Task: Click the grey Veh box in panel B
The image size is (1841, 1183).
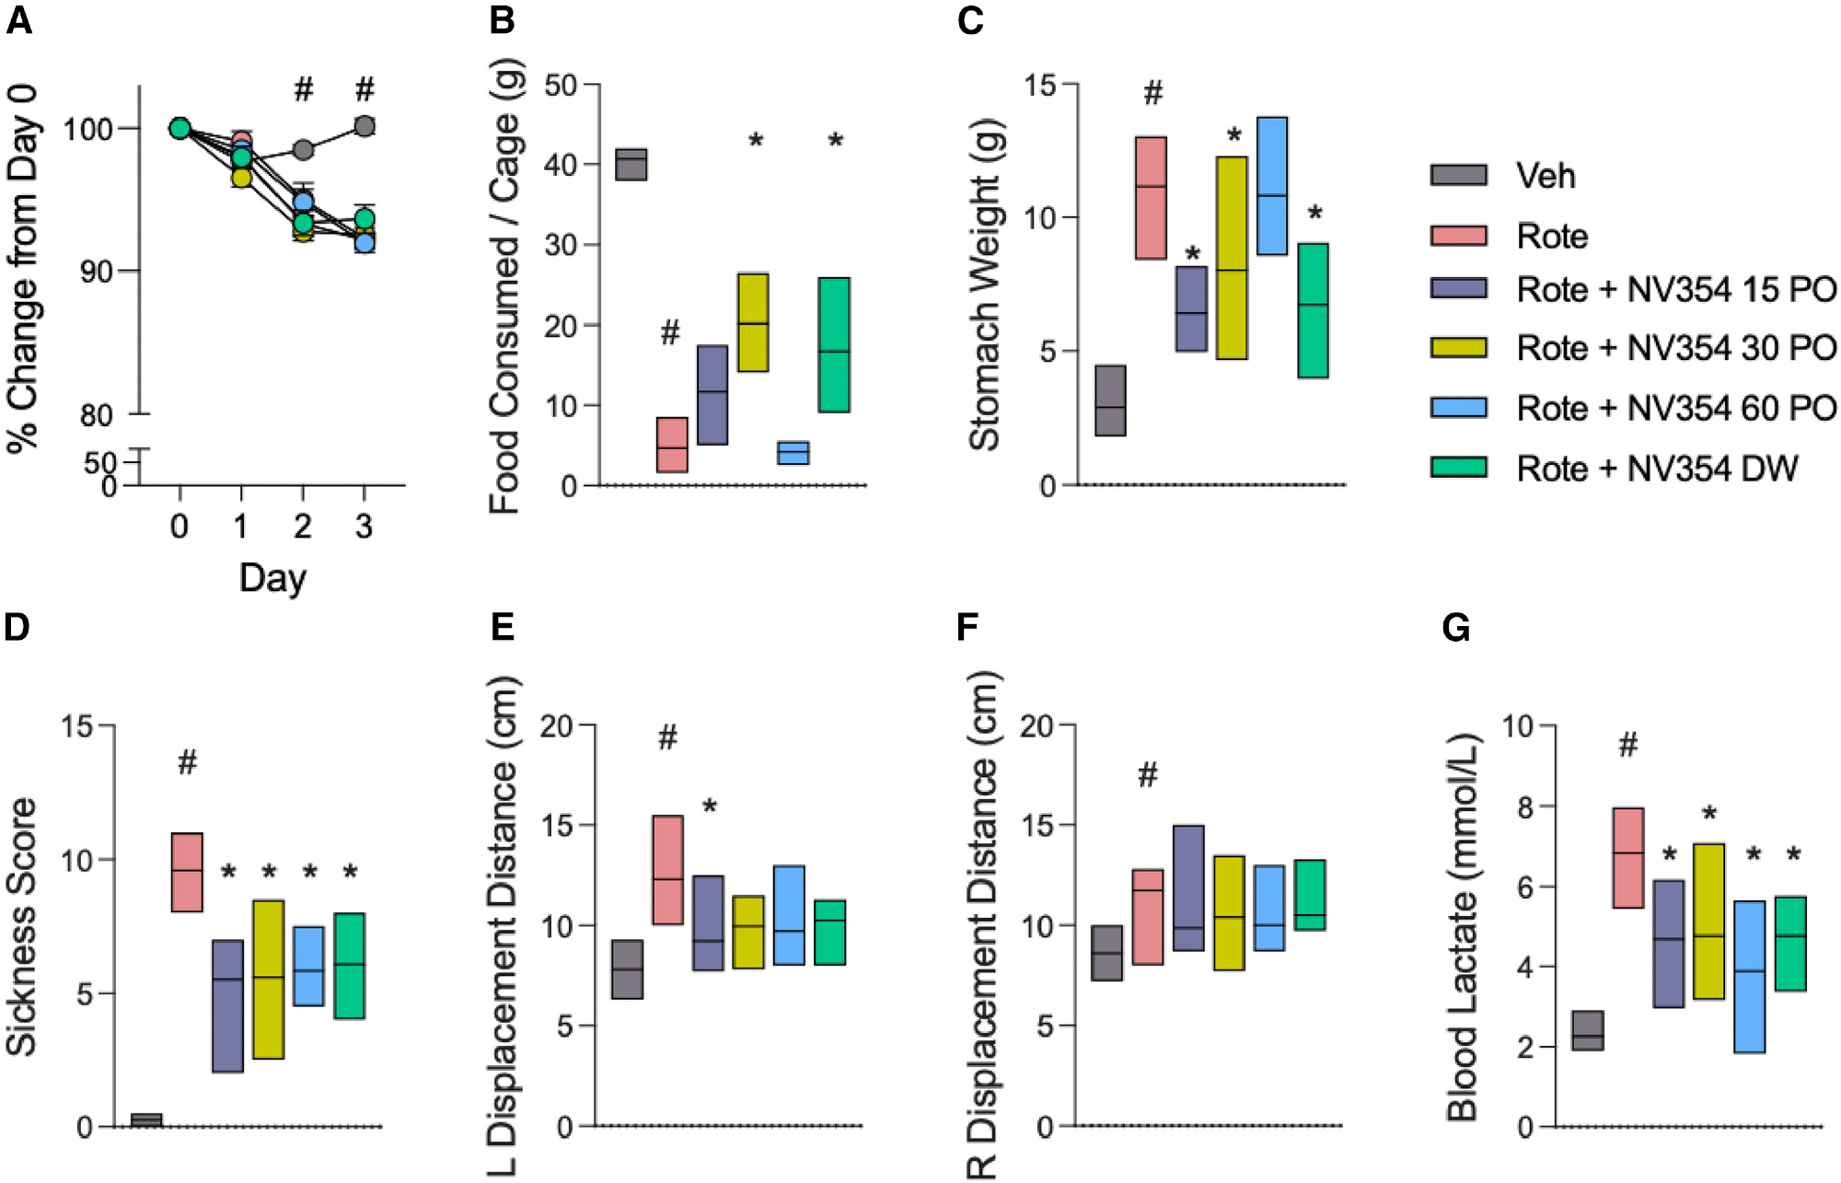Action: [631, 165]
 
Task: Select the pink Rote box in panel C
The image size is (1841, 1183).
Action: [1151, 198]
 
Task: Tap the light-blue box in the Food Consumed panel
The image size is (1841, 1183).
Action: [793, 453]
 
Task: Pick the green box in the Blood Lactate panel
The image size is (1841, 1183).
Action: [1790, 944]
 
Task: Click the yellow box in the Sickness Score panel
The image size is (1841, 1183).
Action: [268, 980]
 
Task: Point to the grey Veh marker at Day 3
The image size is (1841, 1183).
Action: [365, 126]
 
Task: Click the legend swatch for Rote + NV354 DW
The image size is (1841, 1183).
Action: [1458, 468]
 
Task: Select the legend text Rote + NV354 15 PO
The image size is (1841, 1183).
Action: [1675, 289]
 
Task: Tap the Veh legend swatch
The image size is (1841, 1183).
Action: [1458, 175]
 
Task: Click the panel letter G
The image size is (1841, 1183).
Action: [1455, 628]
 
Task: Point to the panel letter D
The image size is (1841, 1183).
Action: [17, 628]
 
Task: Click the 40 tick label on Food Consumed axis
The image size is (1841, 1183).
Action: [560, 166]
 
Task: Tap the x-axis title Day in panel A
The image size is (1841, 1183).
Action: [272, 578]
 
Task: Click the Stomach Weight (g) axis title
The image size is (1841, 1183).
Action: [985, 285]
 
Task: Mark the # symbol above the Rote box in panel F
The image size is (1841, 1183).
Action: [1147, 775]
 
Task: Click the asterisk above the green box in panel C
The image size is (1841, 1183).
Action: [1314, 214]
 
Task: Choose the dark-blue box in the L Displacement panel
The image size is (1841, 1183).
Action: [708, 923]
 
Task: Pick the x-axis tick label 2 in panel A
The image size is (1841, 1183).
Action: [302, 527]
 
